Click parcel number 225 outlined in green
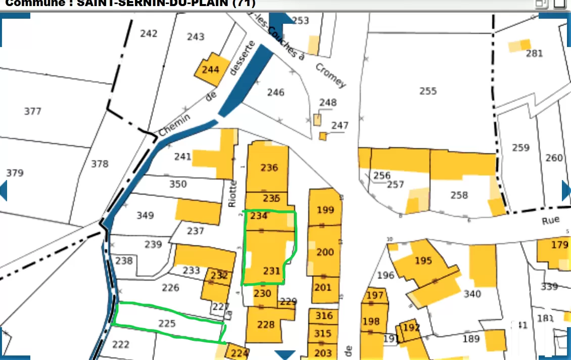tap(167, 323)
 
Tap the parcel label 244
tap(210, 70)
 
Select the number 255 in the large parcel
tap(427, 91)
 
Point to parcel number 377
tap(33, 111)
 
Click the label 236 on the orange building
tap(269, 167)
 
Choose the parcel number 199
tap(325, 210)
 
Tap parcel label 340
tap(472, 294)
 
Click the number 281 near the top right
tap(534, 54)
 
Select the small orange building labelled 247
tap(323, 136)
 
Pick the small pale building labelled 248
tap(317, 120)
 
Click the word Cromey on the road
tap(331, 75)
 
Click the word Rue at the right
tap(551, 220)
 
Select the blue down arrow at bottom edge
tap(284, 354)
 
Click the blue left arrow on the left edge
tap(4, 190)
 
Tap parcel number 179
tap(559, 245)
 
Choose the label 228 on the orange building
tap(266, 325)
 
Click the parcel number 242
tap(149, 34)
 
